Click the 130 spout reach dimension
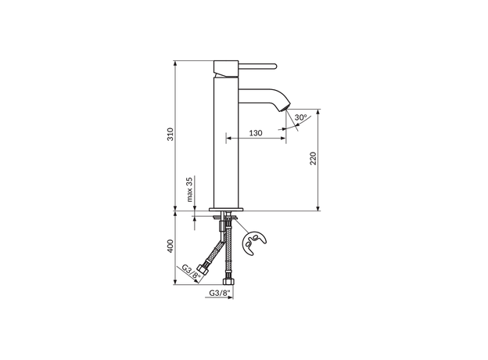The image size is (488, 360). [x=255, y=133]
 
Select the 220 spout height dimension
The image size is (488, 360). [x=313, y=159]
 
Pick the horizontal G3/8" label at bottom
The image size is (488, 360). [x=220, y=293]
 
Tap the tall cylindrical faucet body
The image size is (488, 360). [x=225, y=141]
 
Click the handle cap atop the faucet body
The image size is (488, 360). [x=225, y=63]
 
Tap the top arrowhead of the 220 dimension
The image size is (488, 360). [x=319, y=112]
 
